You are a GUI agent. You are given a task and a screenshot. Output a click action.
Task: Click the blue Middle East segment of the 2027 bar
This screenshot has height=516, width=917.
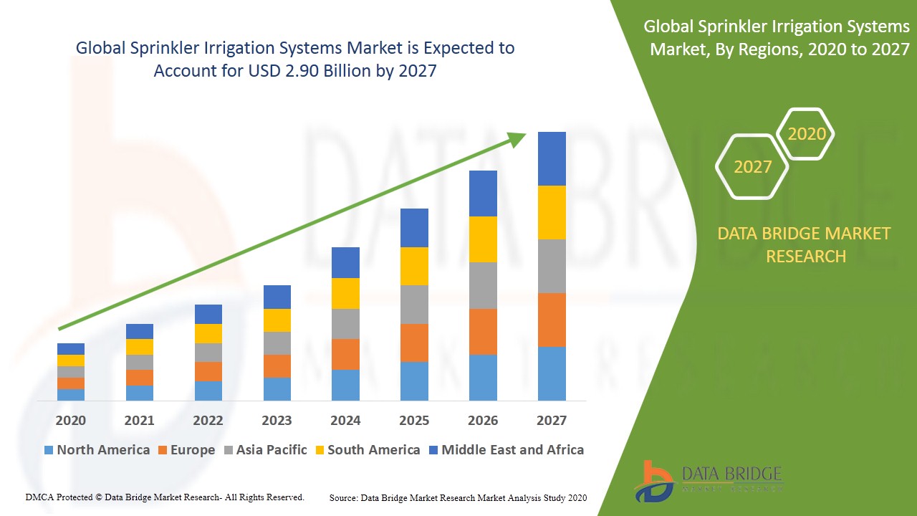coord(552,158)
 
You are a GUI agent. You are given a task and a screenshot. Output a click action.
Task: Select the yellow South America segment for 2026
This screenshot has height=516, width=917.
coord(483,239)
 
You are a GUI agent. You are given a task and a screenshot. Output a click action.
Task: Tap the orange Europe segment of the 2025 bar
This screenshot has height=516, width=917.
coord(414,343)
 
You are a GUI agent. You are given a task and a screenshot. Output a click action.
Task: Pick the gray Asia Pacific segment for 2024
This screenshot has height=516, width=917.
coord(345,324)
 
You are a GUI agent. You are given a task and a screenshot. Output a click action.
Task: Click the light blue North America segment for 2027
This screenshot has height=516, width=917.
coord(552,373)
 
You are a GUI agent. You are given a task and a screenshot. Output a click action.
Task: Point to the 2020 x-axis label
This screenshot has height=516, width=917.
coord(70,421)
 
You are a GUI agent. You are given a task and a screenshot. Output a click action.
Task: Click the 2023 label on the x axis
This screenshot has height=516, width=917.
coord(277,421)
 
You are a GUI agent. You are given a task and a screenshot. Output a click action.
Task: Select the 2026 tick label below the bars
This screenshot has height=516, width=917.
coord(483,421)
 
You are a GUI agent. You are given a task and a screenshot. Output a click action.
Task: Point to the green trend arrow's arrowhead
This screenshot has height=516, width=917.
coord(518,138)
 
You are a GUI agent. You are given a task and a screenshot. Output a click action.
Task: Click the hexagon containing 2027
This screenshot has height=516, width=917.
coord(752,167)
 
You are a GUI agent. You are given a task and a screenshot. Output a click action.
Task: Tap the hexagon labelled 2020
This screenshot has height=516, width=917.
coord(807,134)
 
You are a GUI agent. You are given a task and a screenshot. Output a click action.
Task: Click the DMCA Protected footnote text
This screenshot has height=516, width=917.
coord(165,497)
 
